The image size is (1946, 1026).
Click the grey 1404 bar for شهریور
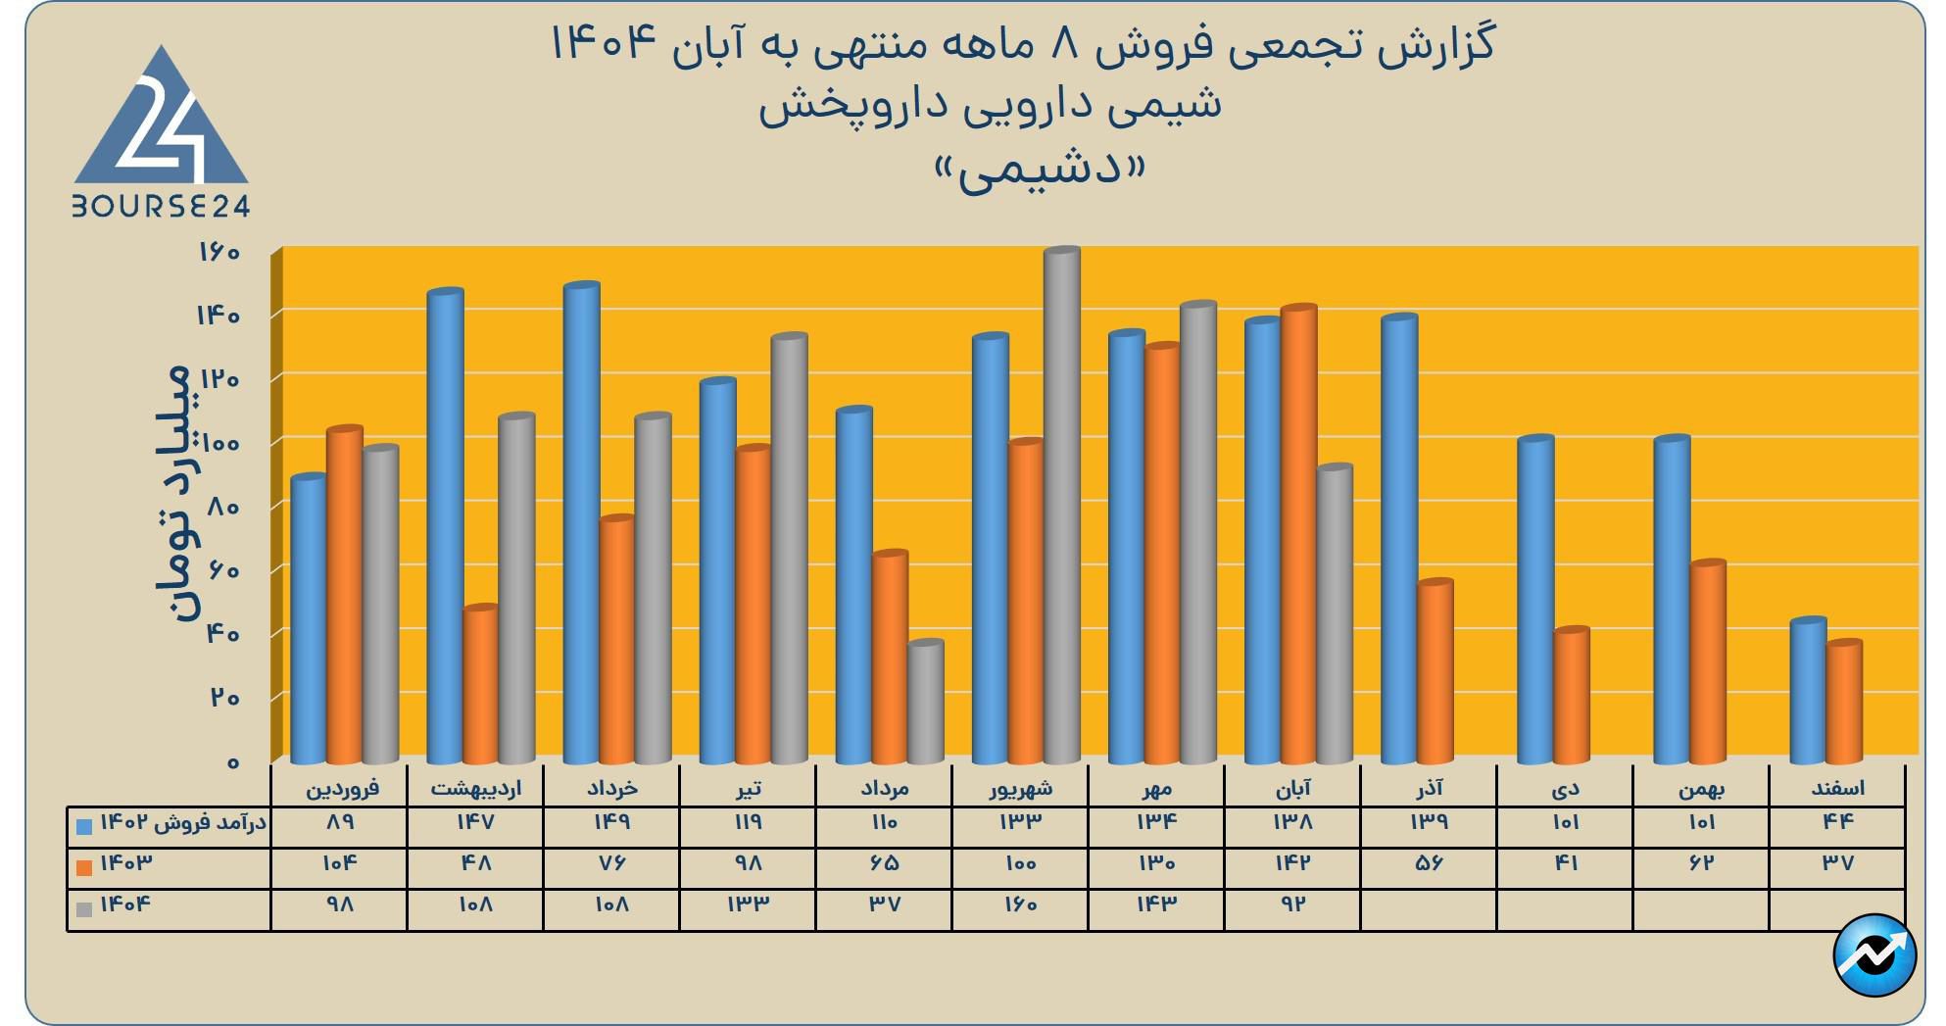pos(1061,505)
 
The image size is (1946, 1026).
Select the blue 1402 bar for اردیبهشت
pos(446,526)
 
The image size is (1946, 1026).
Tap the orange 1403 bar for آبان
pos(1298,534)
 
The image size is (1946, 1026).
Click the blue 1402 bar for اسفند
pos(1808,690)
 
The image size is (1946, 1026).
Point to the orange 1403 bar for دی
pos(1572,695)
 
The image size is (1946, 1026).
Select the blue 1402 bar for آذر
pos(1399,539)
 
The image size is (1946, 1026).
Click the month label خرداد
pos(611,788)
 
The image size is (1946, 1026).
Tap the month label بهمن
pos(1701,788)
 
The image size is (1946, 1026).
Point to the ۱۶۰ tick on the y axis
pos(219,253)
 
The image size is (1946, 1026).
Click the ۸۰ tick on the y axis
pos(222,507)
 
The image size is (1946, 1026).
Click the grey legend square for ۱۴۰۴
pos(84,908)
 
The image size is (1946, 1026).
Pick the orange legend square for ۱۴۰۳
pos(84,867)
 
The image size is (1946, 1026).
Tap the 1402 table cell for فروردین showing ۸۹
pos(339,823)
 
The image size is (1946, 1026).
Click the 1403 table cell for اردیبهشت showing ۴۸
pos(475,864)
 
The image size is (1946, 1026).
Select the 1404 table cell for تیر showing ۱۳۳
pos(748,904)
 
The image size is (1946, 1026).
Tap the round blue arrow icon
pos(1873,954)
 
